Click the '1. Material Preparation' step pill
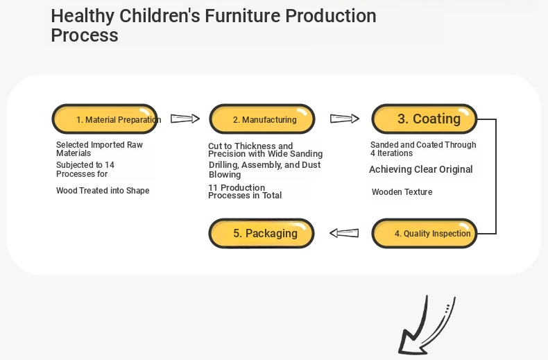(105, 119)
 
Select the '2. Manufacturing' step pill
(262, 119)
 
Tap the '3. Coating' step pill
(425, 119)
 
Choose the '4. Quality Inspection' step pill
(425, 234)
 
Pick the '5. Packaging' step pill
(262, 234)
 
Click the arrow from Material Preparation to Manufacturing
(185, 119)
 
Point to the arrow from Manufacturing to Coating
(345, 119)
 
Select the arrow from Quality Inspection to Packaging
(344, 233)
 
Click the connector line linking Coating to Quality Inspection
(496, 176)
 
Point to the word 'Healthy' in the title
(83, 17)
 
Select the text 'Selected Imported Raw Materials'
(100, 149)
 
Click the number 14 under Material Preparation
(110, 165)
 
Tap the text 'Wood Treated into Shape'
(103, 191)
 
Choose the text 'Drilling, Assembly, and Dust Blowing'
(264, 169)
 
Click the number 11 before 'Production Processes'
(213, 188)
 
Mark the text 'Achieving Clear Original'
(421, 169)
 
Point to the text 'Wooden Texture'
(402, 192)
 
